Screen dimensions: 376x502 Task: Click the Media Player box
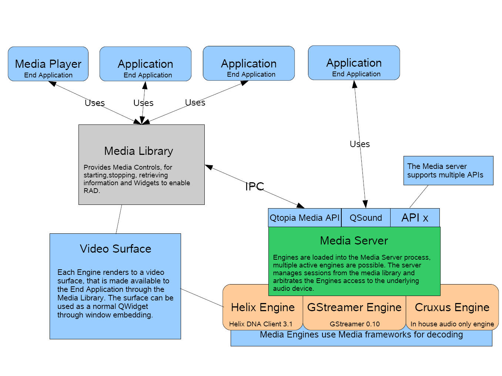[x=48, y=64]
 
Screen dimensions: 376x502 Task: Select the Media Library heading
[x=138, y=151]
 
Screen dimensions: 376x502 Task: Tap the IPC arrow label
[x=254, y=187]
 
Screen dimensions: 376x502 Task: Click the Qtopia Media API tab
[x=304, y=218]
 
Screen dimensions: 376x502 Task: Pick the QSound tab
[x=366, y=218]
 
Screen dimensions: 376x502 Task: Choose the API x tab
[x=415, y=218]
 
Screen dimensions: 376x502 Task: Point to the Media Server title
[x=354, y=241]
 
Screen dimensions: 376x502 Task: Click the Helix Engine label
[x=263, y=307]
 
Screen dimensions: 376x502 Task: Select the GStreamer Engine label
[x=354, y=307]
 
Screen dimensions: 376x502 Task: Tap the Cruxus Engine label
[x=452, y=307]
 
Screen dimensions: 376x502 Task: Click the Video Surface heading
[x=116, y=249]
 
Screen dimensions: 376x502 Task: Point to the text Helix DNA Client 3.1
[x=261, y=324]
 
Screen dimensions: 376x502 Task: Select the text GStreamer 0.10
[x=355, y=324]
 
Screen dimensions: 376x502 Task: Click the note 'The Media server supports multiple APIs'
[x=448, y=171]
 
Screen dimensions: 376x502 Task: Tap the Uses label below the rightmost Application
[x=359, y=144]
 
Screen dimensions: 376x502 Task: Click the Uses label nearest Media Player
[x=95, y=103]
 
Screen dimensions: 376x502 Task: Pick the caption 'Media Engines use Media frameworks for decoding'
[x=361, y=335]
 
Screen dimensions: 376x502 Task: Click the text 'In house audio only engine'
[x=452, y=324]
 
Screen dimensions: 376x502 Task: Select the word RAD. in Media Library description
[x=92, y=191]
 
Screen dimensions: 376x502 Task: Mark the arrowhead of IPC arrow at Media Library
[x=208, y=167]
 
